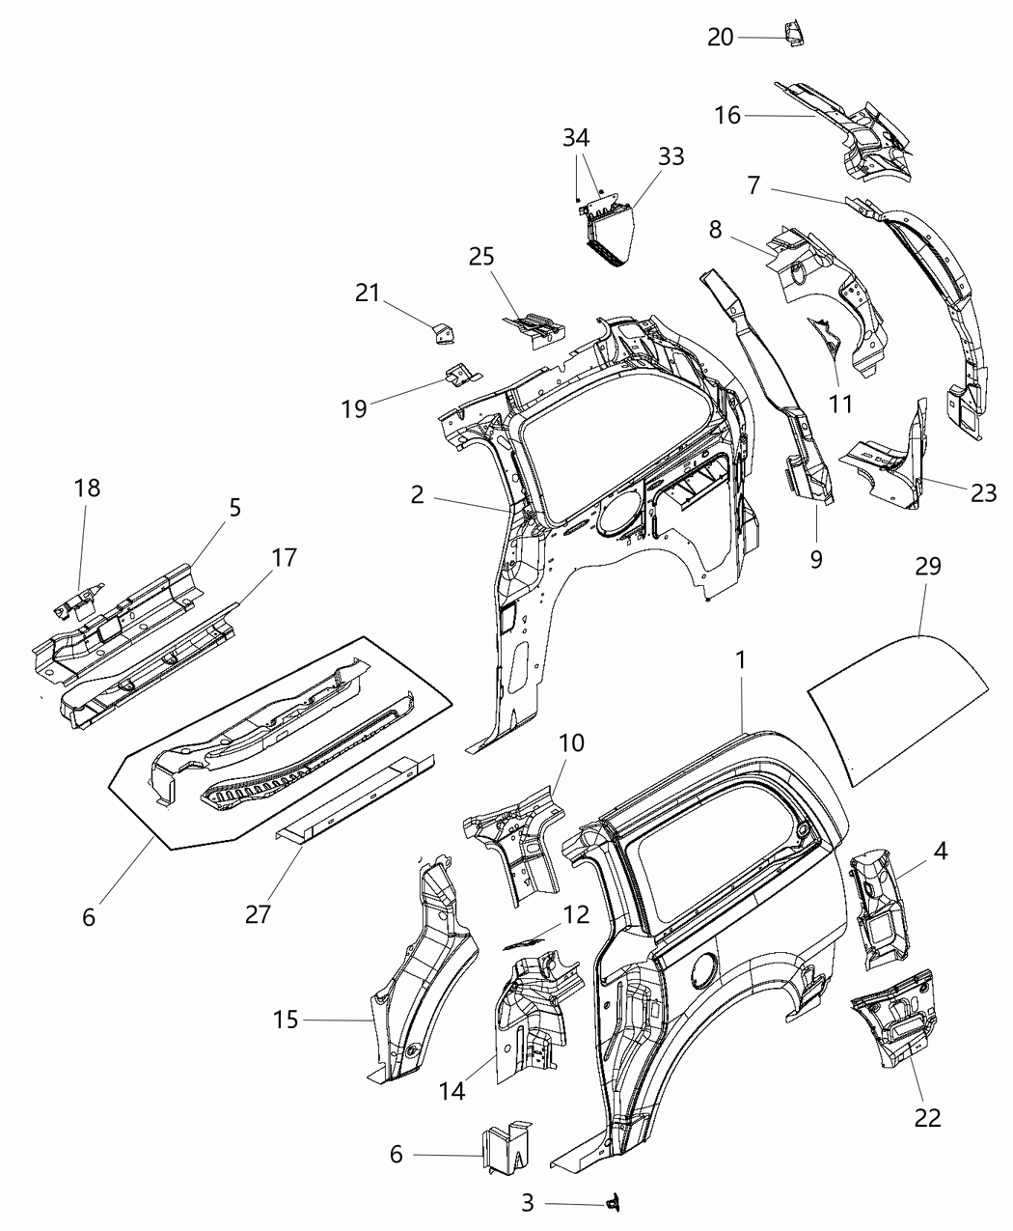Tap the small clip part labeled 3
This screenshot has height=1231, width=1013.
pos(611,1202)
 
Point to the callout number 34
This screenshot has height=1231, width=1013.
pos(577,139)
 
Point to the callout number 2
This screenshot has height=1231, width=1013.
pos(417,494)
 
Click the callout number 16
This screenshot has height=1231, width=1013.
pos(727,115)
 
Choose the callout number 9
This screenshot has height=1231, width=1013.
pos(816,558)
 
